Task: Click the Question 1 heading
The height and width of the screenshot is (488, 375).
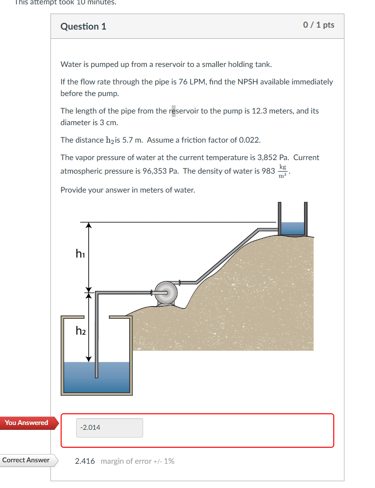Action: [x=83, y=27]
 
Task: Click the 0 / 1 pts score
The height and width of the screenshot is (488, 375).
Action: [x=319, y=25]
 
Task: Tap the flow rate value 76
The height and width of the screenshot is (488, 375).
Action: [x=182, y=81]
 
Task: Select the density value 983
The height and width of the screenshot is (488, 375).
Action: [x=268, y=171]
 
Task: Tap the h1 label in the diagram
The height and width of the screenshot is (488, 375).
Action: [x=80, y=253]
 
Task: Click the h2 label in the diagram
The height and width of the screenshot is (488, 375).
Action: [x=81, y=331]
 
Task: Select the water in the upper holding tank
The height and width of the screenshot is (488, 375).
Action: [x=293, y=228]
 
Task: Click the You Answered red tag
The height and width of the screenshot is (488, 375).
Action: [x=27, y=423]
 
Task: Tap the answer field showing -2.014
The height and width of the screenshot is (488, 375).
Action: [x=109, y=428]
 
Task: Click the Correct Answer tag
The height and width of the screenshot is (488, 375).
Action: [x=26, y=460]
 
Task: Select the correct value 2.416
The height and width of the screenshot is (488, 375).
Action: [x=85, y=461]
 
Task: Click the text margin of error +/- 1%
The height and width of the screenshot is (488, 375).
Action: [x=137, y=461]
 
